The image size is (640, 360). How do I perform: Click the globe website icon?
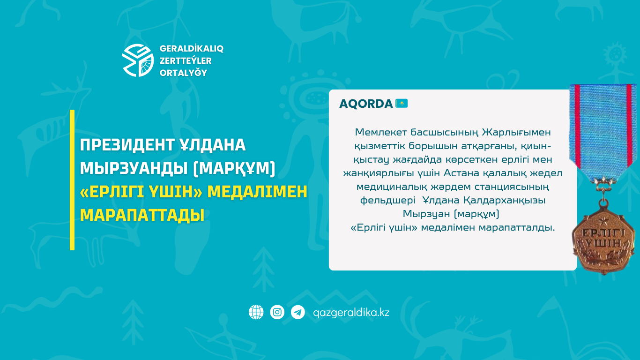click(x=256, y=312)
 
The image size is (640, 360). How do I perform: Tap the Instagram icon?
click(x=277, y=312)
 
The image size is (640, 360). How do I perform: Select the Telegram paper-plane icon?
click(x=298, y=312)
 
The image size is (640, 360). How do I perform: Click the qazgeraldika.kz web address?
click(x=351, y=312)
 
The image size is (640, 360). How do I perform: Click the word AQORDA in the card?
click(x=366, y=104)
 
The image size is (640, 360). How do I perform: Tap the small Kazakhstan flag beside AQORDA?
click(x=402, y=103)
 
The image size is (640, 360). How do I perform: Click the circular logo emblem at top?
click(x=138, y=60)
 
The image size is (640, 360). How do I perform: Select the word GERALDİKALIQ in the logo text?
click(x=192, y=49)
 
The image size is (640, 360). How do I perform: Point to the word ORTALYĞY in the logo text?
click(x=184, y=73)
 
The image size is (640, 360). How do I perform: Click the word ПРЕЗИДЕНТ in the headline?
click(x=127, y=145)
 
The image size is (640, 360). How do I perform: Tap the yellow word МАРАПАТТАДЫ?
click(x=142, y=215)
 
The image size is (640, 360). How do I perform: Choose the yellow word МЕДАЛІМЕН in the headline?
click(x=257, y=192)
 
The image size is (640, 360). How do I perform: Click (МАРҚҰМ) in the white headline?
click(x=234, y=168)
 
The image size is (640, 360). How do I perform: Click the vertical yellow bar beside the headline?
click(x=72, y=180)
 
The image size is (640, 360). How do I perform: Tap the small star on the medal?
click(x=603, y=221)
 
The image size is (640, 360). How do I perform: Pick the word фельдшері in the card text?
click(x=388, y=201)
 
